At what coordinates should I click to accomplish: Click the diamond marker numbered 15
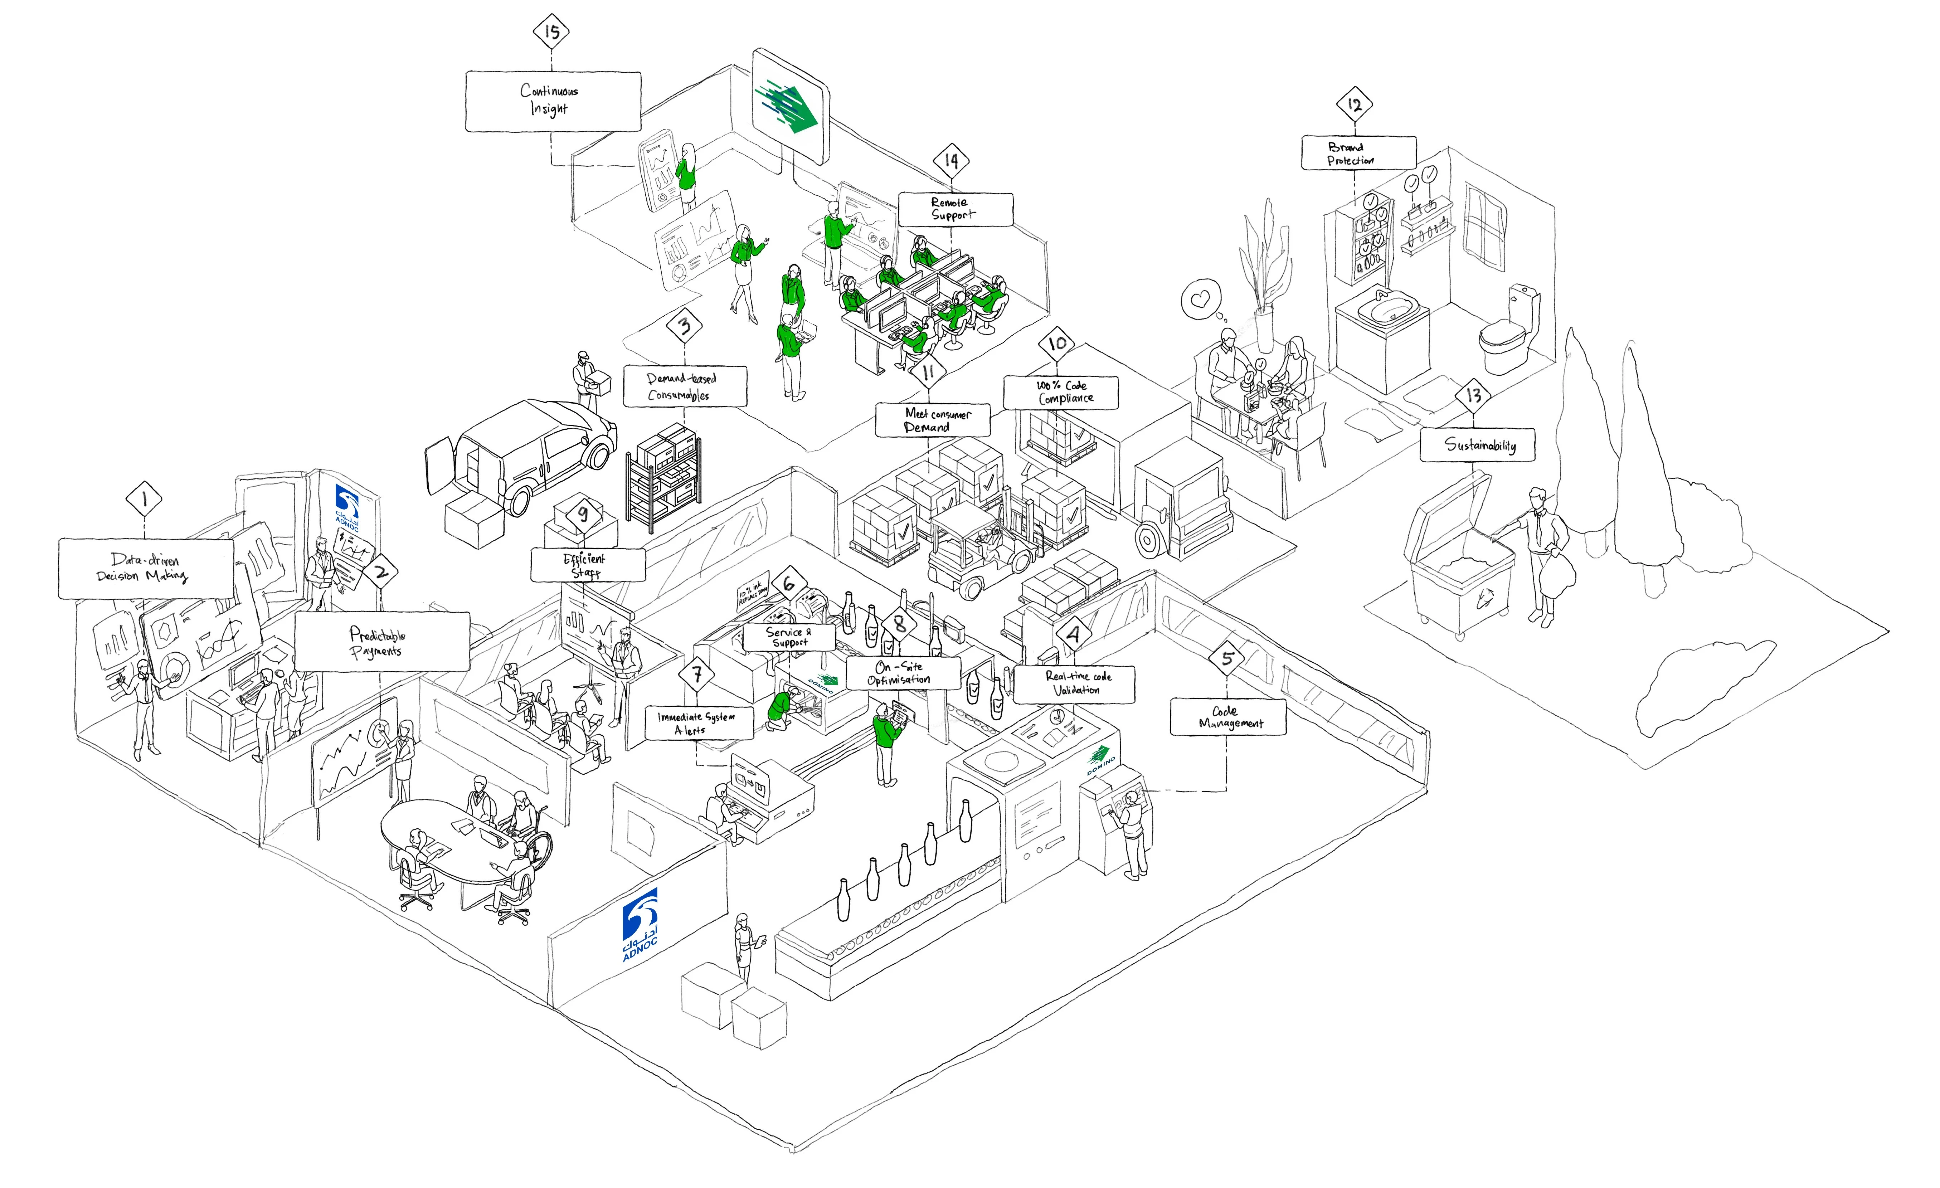click(x=551, y=31)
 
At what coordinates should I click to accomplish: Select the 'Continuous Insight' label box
click(x=553, y=101)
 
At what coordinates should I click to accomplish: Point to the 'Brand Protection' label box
click(x=1358, y=153)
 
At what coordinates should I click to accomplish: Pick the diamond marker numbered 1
click(x=144, y=498)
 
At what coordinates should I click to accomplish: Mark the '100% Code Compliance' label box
click(x=1060, y=392)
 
